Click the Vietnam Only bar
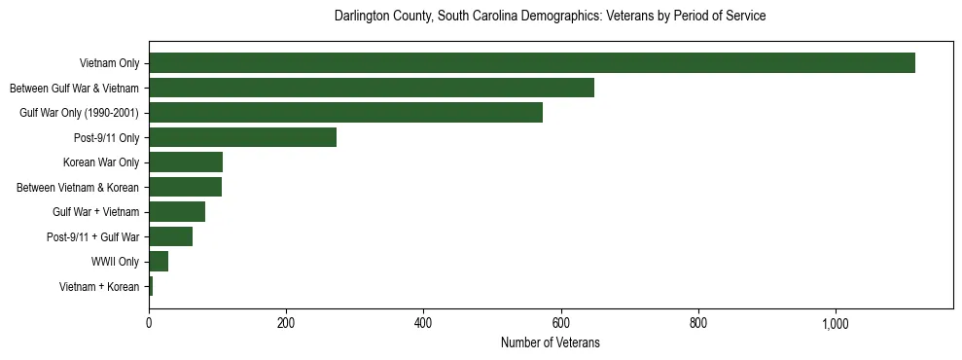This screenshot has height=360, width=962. (531, 63)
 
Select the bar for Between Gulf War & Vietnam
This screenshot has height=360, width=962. (371, 89)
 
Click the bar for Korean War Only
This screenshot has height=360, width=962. (186, 162)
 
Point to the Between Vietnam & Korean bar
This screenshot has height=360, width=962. (185, 187)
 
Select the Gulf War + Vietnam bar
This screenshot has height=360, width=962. (177, 212)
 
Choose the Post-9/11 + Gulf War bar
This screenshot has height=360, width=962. (170, 236)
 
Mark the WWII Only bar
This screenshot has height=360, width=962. (159, 261)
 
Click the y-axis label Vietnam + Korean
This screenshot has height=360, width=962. (99, 286)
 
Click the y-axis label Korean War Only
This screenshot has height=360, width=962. (101, 162)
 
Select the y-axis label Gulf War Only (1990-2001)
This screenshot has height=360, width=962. (80, 113)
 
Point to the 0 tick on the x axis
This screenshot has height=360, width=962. (149, 323)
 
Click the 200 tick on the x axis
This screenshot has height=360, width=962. (286, 323)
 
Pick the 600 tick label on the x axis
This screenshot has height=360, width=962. (560, 323)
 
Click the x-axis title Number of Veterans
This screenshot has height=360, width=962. (550, 343)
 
